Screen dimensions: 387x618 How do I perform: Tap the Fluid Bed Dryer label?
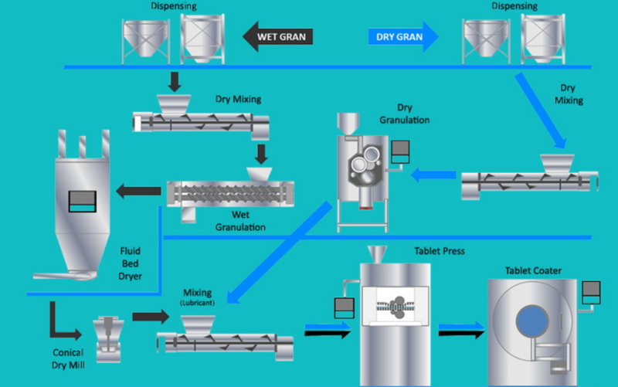[130, 262]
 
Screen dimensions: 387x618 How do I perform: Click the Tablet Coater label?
[533, 270]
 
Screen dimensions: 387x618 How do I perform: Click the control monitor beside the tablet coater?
[592, 291]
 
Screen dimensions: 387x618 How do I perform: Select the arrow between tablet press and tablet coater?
[462, 330]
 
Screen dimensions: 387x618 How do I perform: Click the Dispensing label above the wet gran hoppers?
[175, 5]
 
